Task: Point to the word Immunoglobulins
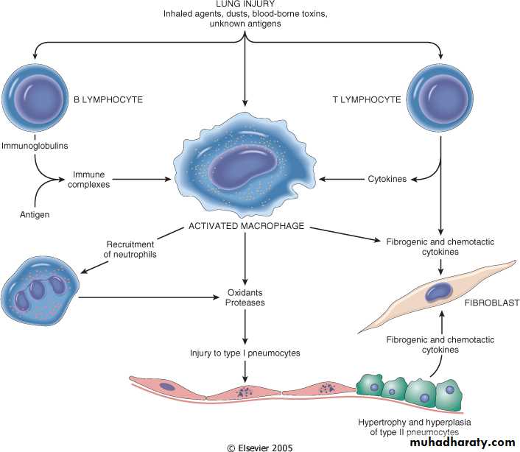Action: (x=36, y=146)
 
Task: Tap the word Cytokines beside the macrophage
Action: (x=387, y=179)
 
